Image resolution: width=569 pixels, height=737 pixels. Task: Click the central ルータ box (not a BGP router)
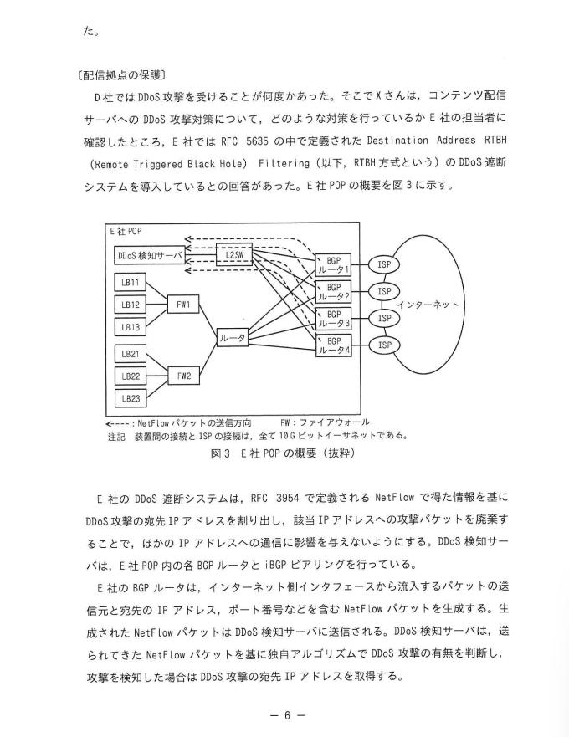pos(232,338)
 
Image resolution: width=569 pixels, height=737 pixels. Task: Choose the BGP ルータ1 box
pos(334,265)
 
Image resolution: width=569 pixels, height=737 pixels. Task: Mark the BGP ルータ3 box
pos(334,319)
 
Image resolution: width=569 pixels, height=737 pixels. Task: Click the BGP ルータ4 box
pos(334,345)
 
